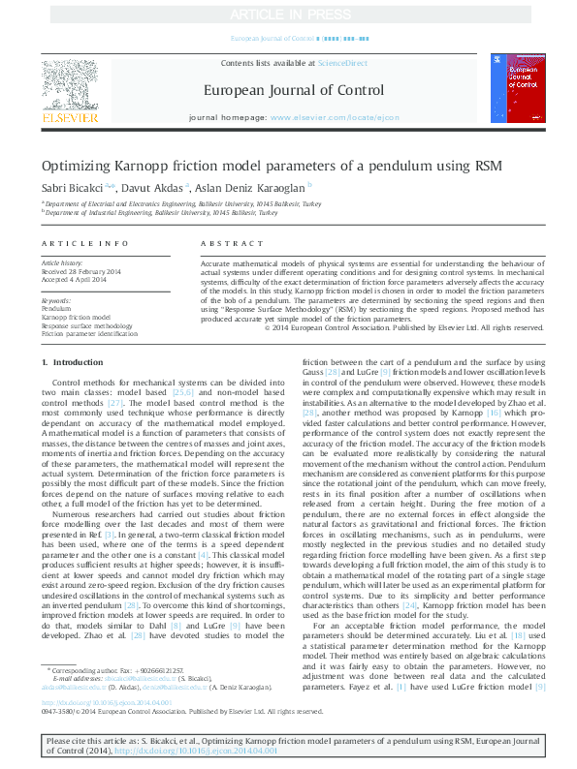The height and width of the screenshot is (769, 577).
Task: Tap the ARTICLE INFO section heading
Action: pyautogui.click(x=84, y=243)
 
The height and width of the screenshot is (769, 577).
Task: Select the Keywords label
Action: pyautogui.click(x=56, y=301)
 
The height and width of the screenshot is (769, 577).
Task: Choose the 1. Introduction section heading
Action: pyautogui.click(x=72, y=362)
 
